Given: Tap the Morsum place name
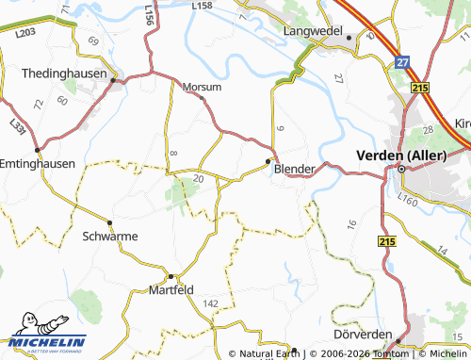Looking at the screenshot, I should tap(202, 87).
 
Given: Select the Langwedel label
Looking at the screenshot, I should tap(313, 30).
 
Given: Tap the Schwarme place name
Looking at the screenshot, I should tap(110, 236).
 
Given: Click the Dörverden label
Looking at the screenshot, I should tap(362, 335).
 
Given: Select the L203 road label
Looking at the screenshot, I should tap(26, 34).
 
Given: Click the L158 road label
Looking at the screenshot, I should tap(202, 7).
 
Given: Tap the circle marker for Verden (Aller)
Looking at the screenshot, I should tap(399, 169).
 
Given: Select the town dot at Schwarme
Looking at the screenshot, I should tap(110, 222).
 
